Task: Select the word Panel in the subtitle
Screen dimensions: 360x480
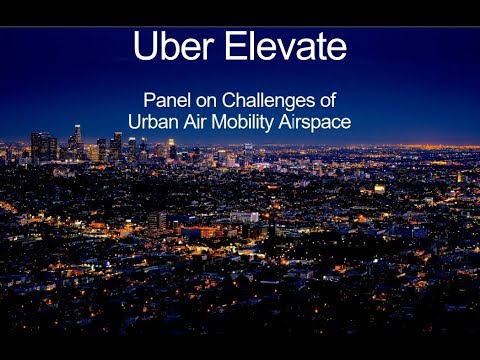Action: tap(165, 100)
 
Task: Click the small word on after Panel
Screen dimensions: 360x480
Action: tap(204, 100)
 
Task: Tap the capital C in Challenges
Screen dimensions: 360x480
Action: tap(227, 100)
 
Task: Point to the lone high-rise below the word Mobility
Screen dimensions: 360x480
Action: tap(247, 152)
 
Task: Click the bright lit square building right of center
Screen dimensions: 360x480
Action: tap(379, 188)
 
